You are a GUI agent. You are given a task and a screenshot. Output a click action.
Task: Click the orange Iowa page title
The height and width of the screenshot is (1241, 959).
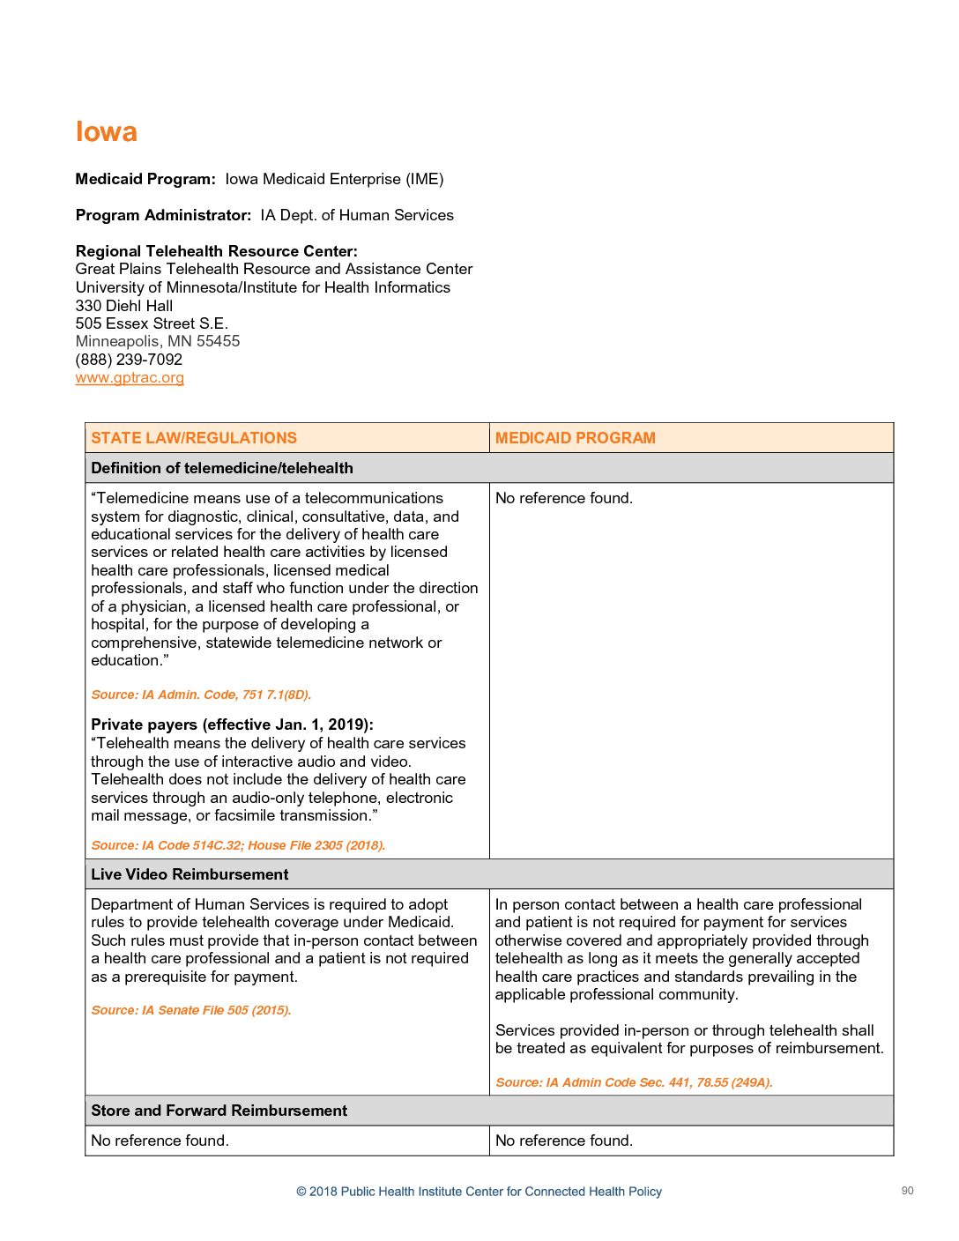[106, 131]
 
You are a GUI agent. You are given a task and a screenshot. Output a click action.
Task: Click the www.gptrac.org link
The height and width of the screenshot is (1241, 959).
[130, 378]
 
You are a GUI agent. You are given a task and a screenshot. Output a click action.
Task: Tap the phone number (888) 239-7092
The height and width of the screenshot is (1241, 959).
[129, 360]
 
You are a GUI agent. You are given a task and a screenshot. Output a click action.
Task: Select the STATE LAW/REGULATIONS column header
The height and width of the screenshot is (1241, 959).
[194, 438]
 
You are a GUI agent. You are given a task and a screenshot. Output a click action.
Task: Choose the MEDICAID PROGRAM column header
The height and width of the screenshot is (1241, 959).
[575, 438]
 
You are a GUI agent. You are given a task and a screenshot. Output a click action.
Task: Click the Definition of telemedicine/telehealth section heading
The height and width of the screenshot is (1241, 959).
[222, 468]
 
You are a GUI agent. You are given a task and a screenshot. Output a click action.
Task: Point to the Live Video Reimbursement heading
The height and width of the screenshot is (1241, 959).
[190, 874]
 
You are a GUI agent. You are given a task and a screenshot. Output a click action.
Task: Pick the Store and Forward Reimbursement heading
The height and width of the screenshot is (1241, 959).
[219, 1111]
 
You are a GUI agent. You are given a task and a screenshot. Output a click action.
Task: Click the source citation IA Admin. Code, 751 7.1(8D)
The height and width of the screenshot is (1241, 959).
[201, 695]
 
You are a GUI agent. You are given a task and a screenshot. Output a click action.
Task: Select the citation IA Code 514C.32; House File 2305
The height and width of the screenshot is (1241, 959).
[238, 845]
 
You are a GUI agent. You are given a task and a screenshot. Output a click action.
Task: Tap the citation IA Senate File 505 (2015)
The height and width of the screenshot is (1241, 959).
[190, 1010]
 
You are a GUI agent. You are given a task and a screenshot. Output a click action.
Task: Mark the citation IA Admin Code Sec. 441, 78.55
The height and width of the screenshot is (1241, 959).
[633, 1082]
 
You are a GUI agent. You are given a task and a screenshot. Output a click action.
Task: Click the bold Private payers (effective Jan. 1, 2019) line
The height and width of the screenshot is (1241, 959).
[232, 725]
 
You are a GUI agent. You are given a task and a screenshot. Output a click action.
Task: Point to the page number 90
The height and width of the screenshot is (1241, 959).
[907, 1191]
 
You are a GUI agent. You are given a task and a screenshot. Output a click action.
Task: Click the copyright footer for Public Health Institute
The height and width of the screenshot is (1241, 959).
[479, 1192]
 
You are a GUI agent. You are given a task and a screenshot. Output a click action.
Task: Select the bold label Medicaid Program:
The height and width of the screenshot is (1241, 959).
[145, 179]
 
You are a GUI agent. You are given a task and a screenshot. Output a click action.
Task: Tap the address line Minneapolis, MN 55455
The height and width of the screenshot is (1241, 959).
[158, 341]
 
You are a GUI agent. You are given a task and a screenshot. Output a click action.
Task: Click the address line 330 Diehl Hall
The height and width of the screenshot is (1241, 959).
[124, 306]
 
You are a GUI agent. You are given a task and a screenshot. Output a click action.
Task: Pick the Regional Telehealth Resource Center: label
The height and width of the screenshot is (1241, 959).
[216, 251]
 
